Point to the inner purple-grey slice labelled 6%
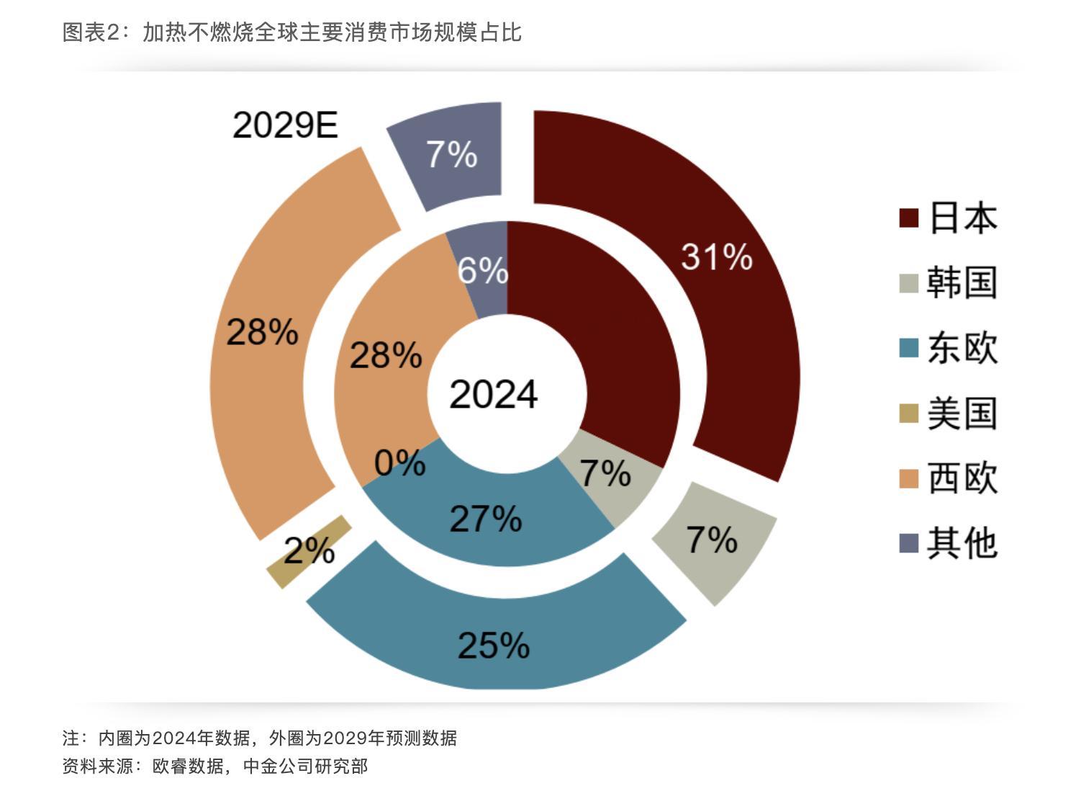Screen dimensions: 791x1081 [481, 270]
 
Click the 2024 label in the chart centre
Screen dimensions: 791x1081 [494, 394]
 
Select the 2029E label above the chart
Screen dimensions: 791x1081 [285, 125]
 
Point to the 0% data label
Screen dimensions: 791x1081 [400, 462]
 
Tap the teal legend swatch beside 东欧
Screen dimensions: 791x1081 [909, 348]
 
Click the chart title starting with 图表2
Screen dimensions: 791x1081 [291, 32]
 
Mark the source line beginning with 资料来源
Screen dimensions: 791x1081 [214, 766]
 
